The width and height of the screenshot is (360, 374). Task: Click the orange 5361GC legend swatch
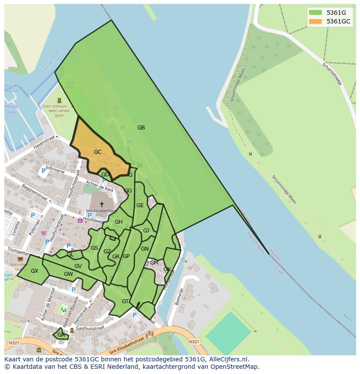pyautogui.click(x=315, y=21)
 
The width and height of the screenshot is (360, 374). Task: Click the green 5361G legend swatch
pyautogui.click(x=315, y=12)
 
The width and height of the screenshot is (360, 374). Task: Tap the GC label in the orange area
pyautogui.click(x=98, y=152)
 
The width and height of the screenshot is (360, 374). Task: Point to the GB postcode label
pyautogui.click(x=141, y=128)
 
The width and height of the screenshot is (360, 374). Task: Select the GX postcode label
pyautogui.click(x=35, y=271)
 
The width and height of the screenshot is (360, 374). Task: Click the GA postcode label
pyautogui.click(x=61, y=335)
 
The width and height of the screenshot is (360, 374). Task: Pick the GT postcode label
pyautogui.click(x=125, y=301)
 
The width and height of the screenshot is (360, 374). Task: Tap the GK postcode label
pyautogui.click(x=167, y=269)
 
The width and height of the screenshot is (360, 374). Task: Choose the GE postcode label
pyautogui.click(x=140, y=205)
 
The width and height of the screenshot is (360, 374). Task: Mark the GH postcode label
pyautogui.click(x=119, y=222)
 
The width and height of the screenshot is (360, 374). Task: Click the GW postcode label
pyautogui.click(x=68, y=274)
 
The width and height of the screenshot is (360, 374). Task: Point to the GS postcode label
pyautogui.click(x=94, y=248)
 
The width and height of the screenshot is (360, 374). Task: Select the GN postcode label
pyautogui.click(x=145, y=249)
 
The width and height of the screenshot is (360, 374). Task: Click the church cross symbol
pyautogui.click(x=102, y=204)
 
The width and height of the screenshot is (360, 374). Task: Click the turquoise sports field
pyautogui.click(x=228, y=333)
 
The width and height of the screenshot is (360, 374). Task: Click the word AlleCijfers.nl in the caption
pyautogui.click(x=228, y=359)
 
